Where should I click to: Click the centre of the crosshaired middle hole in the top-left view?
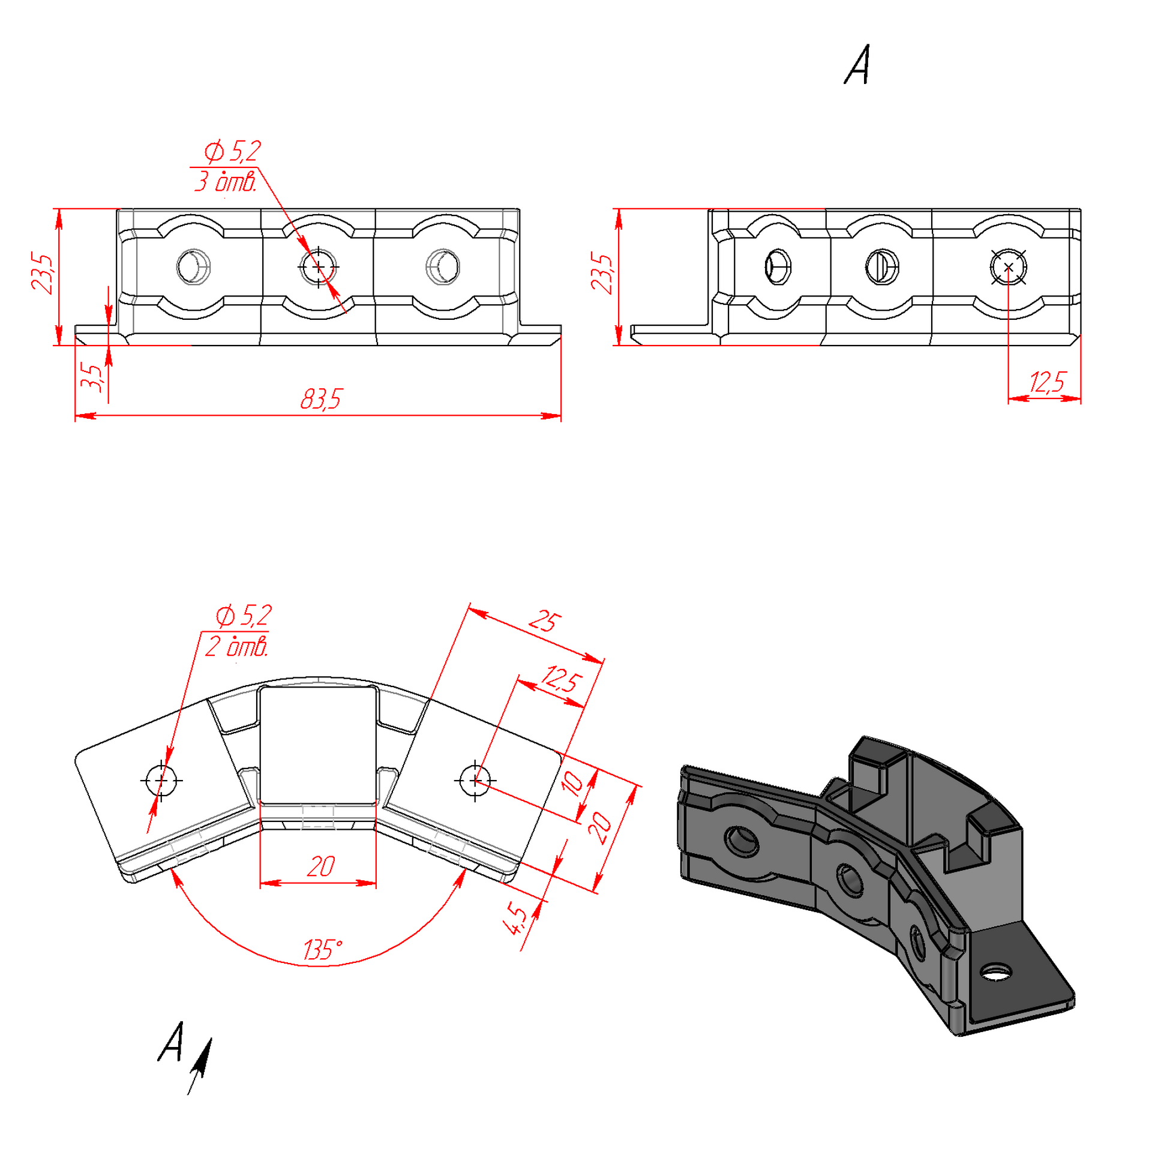click(318, 266)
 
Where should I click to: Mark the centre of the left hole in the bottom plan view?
click(161, 779)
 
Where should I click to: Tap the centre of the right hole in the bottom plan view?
click(475, 780)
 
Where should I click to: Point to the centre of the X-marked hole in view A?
click(1008, 267)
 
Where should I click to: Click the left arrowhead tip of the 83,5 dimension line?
click(76, 415)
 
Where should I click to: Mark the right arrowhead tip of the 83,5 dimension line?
click(561, 415)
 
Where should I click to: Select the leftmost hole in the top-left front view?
click(193, 266)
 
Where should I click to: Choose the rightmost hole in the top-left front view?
click(443, 266)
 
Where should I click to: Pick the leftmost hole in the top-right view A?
click(778, 266)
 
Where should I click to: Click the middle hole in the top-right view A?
click(882, 266)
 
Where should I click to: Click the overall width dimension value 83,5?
click(320, 399)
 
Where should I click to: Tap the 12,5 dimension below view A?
click(1048, 382)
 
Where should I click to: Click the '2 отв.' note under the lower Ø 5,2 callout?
click(236, 647)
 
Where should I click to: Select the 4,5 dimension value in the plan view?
click(517, 919)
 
